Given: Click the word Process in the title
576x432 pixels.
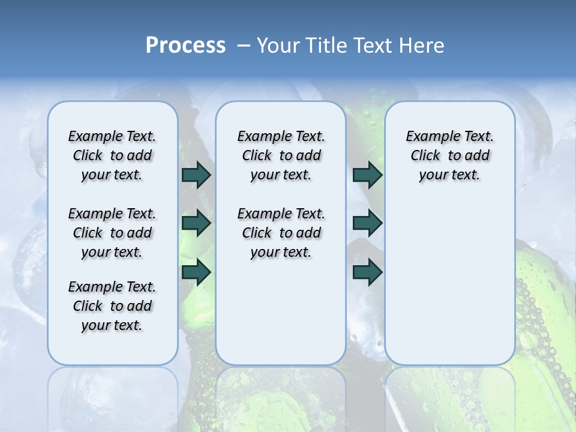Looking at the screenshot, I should point(185,46).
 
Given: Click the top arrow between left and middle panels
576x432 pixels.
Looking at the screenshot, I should point(196,175).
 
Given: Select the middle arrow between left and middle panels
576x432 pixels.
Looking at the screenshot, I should point(196,224).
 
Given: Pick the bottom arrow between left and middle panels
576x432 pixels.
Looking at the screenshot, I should point(196,272).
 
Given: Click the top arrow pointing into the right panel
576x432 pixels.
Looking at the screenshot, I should point(367,175).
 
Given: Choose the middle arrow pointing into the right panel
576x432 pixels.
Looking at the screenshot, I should point(367,224).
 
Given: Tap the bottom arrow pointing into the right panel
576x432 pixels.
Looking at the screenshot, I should point(367,272).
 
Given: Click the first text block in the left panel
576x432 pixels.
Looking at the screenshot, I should point(112,155).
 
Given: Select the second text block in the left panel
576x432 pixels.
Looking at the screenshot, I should point(112,233).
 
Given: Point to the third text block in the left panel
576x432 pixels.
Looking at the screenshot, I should point(112,306).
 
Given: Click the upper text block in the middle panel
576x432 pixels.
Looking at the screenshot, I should point(281,155).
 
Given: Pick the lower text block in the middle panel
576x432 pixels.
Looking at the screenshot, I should point(281,233).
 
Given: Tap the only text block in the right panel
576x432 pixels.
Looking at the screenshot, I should point(449,155).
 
